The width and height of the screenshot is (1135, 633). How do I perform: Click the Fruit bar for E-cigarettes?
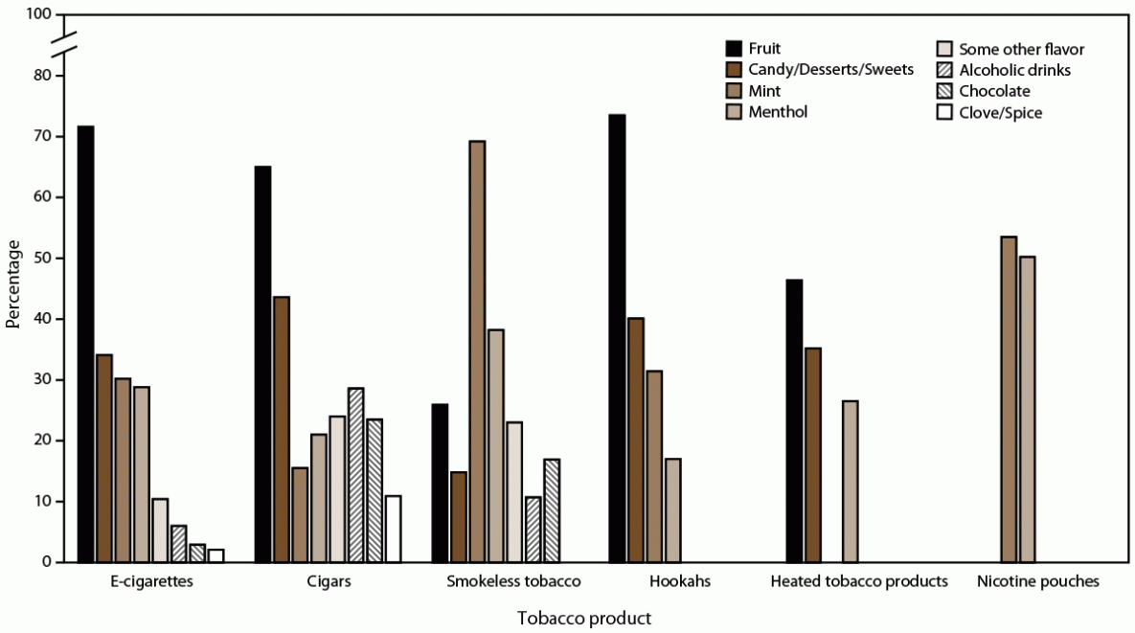[86, 344]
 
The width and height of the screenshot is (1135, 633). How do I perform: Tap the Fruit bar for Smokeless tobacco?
[440, 483]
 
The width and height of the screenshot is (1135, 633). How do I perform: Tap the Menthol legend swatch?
[735, 112]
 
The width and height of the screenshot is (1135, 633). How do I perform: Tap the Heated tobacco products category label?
[859, 581]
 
